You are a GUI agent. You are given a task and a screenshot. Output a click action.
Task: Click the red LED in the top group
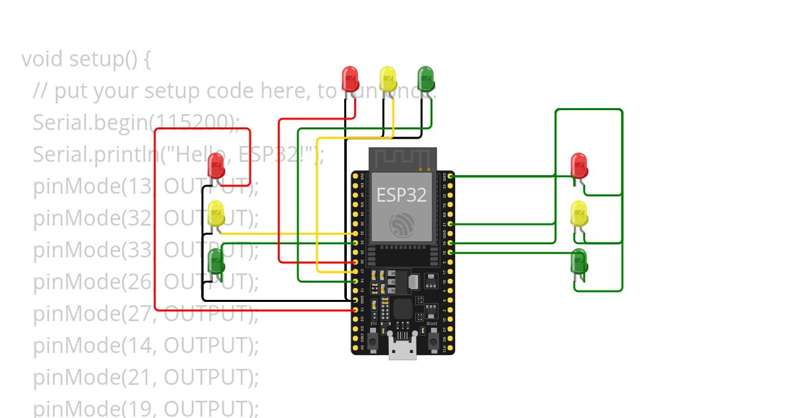[350, 78]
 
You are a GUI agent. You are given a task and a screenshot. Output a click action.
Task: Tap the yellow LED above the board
[387, 78]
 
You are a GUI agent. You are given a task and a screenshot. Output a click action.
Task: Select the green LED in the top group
[425, 78]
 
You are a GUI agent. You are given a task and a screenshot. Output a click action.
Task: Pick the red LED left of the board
[216, 165]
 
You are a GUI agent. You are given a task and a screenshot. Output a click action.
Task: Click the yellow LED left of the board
[216, 213]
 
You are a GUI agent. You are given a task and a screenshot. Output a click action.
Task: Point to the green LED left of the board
[216, 261]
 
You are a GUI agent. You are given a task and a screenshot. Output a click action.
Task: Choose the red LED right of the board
[578, 165]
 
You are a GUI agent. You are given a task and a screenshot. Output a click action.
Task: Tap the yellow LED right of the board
[578, 213]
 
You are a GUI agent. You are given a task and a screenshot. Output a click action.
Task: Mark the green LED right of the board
[578, 261]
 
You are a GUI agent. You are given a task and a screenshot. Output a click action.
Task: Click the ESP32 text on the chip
[402, 194]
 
